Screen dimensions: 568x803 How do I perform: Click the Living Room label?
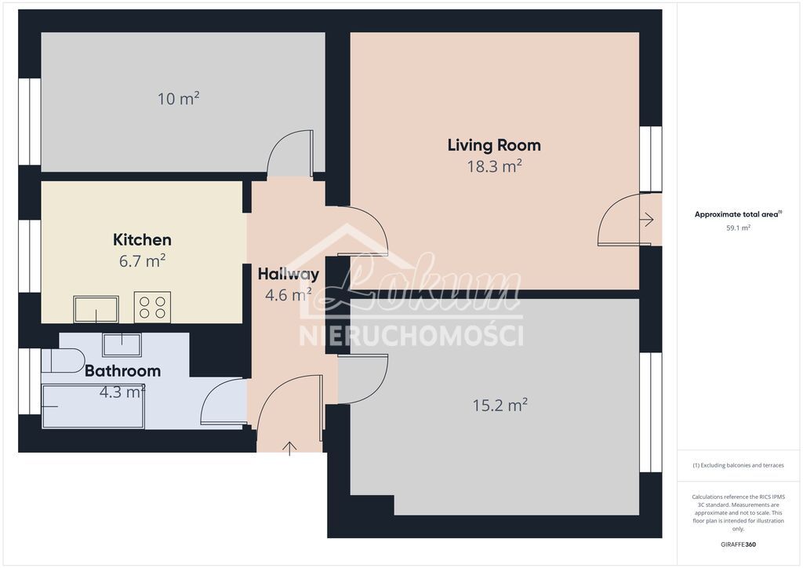[494, 145]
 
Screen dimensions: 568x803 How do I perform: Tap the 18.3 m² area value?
[494, 166]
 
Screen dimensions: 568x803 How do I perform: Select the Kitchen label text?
[142, 240]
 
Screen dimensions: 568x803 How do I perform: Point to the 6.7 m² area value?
[142, 260]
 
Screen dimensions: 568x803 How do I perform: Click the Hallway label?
[289, 275]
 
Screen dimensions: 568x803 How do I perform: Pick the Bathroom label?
[122, 371]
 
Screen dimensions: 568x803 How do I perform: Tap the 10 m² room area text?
[179, 99]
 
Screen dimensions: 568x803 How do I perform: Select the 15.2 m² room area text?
[500, 406]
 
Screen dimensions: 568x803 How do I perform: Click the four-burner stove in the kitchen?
[152, 307]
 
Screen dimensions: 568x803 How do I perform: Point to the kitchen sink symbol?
[96, 309]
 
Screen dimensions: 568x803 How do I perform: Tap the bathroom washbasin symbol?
[122, 344]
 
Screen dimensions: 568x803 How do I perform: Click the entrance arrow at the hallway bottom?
[290, 448]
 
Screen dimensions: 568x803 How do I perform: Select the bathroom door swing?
[224, 402]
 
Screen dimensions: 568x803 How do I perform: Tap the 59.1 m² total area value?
[738, 228]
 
